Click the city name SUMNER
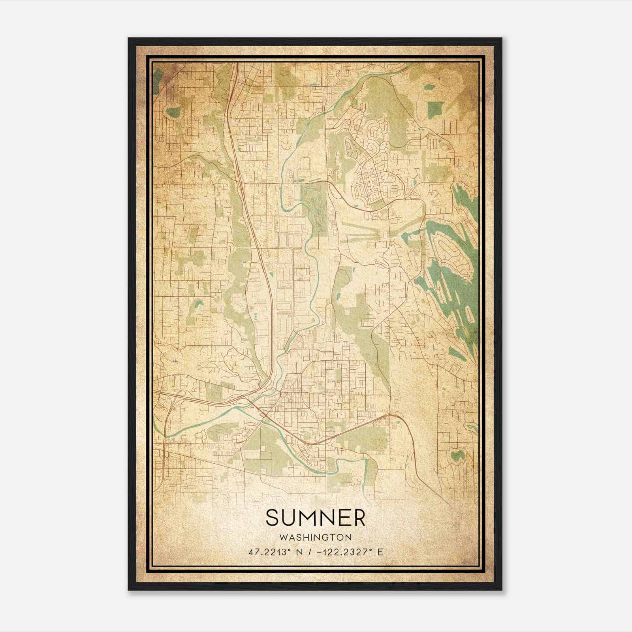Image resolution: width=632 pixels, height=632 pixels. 316,518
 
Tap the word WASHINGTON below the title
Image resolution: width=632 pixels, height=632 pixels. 316,538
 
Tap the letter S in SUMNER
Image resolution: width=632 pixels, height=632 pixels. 273,518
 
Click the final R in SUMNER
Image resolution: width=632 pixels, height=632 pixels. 359,518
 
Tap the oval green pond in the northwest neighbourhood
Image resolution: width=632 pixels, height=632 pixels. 173,112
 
